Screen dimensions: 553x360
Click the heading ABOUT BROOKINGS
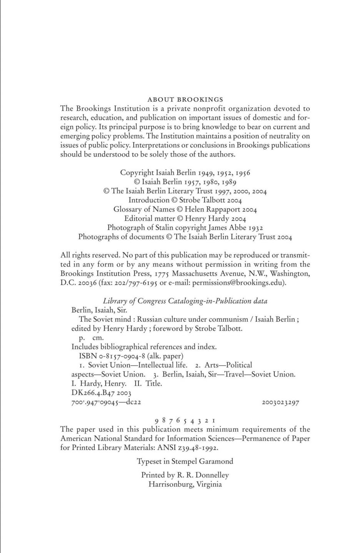(x=185, y=100)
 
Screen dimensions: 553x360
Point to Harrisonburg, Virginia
(x=185, y=485)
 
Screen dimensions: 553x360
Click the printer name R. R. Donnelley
(x=203, y=475)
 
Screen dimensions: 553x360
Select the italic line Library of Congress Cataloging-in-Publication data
(x=185, y=301)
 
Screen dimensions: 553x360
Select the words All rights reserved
(x=91, y=255)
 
